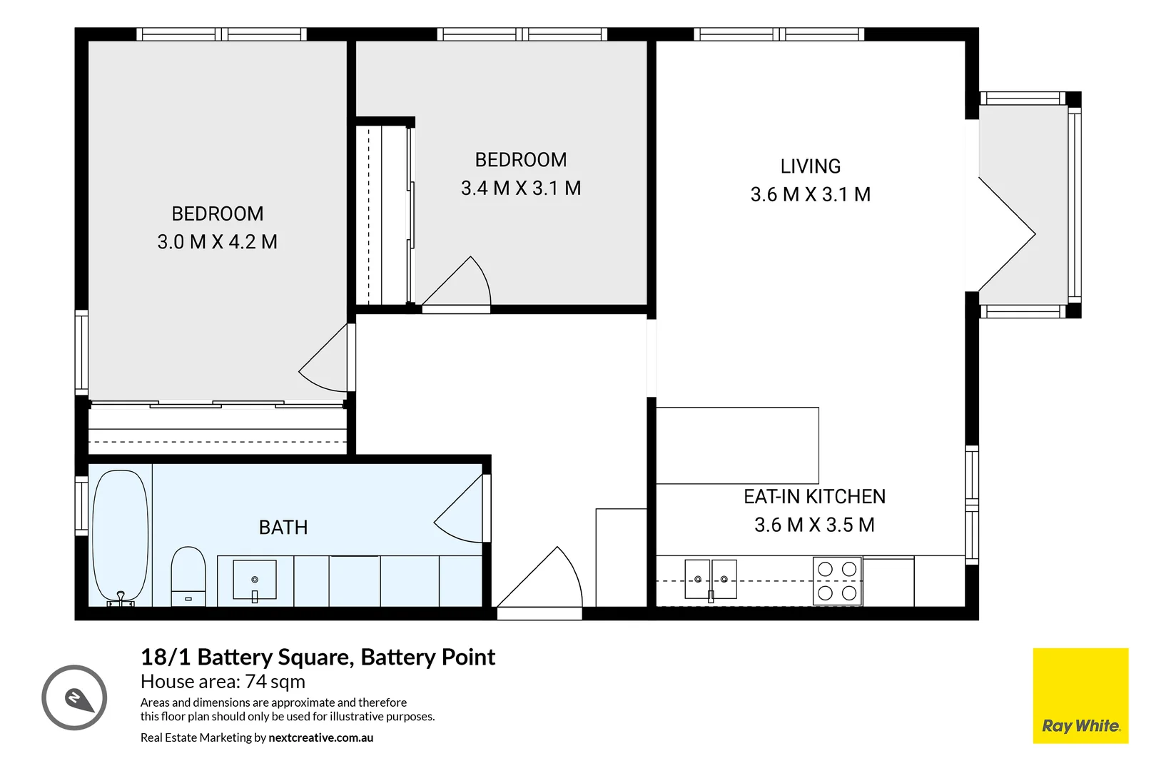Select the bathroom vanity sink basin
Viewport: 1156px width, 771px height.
coord(255,579)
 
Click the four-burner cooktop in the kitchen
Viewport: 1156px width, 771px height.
coord(837,581)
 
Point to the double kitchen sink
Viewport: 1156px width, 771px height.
coord(710,579)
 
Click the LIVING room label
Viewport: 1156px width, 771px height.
coord(810,166)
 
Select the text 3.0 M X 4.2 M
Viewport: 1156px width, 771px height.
coord(217,242)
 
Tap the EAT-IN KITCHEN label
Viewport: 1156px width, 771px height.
coord(814,497)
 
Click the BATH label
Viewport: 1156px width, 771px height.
coord(283,528)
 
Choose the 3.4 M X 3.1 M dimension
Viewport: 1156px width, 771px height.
coord(521,188)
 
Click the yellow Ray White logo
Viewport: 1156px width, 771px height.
coord(1080,695)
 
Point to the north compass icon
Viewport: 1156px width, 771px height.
coord(74,697)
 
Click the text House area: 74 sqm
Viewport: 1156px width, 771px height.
coord(223,682)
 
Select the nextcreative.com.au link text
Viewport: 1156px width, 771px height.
coord(320,738)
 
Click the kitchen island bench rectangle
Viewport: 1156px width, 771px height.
coord(736,445)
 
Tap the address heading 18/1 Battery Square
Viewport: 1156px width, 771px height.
coord(318,657)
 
